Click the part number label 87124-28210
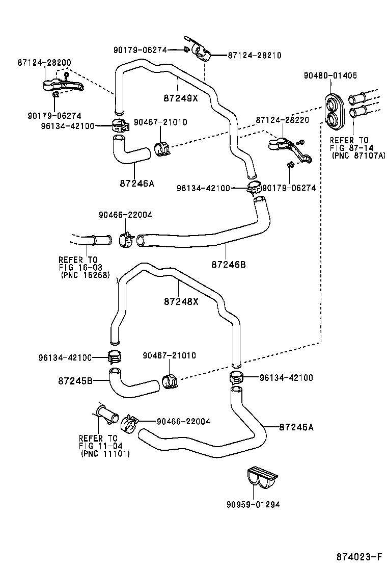point(254,55)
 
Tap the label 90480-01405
point(330,75)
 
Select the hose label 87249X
point(181,98)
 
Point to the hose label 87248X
point(181,301)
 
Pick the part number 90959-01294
point(254,505)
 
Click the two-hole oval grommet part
point(335,111)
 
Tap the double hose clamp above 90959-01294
point(262,478)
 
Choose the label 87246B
point(229,264)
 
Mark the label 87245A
point(296,427)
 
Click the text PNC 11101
point(105,454)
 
